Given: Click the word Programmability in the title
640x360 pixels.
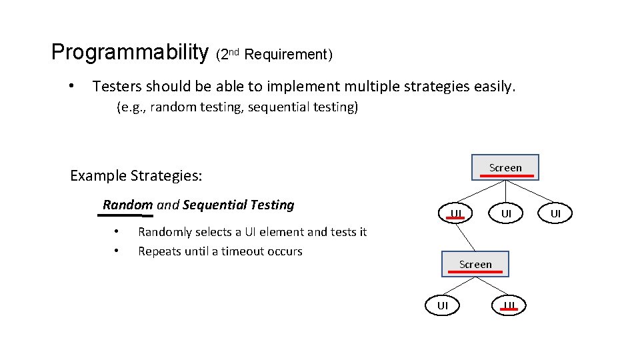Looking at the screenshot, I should [129, 53].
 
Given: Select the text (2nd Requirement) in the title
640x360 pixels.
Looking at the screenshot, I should [274, 55].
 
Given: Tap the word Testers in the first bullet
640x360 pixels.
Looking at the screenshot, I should [117, 86].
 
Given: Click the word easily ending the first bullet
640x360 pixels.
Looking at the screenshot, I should [494, 86].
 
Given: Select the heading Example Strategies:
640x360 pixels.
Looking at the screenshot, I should [136, 176].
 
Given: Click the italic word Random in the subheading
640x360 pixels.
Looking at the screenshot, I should [127, 205].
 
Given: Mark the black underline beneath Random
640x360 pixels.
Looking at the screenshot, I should [127, 215].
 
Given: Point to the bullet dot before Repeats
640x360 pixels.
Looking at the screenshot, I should [116, 251].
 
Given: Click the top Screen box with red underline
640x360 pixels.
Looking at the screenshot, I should [505, 167].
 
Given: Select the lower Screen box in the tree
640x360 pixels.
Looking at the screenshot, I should [475, 264].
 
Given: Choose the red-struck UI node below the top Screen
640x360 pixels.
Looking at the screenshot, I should [456, 214].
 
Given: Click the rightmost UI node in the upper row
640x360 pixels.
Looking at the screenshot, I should [555, 214].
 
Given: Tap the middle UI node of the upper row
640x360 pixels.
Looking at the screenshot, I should [507, 214].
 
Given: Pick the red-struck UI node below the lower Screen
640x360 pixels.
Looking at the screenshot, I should [509, 306].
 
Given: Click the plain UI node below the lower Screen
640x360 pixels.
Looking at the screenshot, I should [443, 306].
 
